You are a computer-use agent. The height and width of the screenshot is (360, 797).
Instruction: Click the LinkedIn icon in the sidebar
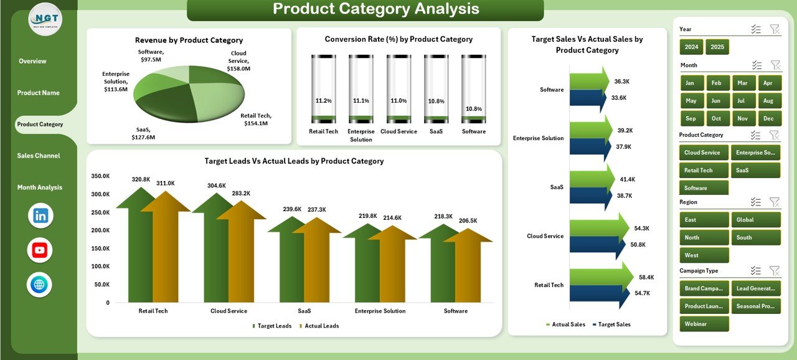click(x=40, y=216)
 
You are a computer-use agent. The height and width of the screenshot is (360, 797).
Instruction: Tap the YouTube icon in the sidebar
click(x=40, y=250)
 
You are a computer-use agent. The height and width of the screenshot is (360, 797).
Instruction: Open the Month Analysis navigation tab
click(x=40, y=187)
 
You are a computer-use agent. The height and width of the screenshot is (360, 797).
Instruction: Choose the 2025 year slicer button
click(x=717, y=47)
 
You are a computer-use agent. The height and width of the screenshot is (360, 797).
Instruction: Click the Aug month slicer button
click(x=768, y=101)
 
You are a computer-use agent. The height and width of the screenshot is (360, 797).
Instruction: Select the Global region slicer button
click(x=755, y=220)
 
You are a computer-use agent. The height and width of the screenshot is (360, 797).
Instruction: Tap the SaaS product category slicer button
click(x=755, y=170)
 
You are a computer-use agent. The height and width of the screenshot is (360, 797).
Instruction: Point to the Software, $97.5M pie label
click(x=151, y=55)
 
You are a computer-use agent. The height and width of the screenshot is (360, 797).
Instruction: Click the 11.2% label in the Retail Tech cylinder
click(x=324, y=100)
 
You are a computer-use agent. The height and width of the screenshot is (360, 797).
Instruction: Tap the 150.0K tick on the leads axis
click(x=100, y=249)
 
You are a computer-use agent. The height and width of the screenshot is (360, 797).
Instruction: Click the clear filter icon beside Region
click(x=775, y=202)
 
